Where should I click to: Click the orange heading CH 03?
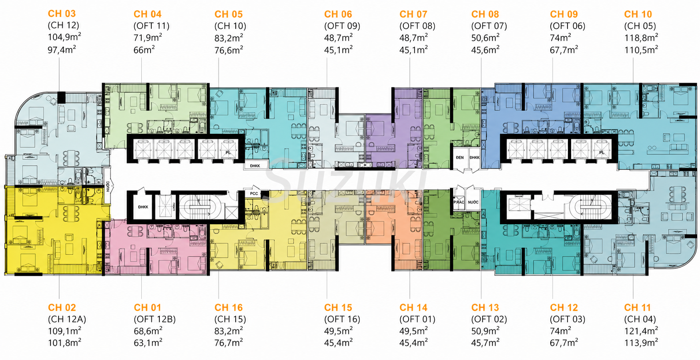click(x=62, y=14)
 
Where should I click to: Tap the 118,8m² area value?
click(x=641, y=38)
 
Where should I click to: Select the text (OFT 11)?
click(x=151, y=26)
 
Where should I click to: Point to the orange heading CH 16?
click(x=229, y=308)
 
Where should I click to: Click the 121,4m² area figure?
click(x=641, y=331)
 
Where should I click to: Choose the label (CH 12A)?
click(x=67, y=319)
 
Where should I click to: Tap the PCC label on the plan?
click(x=254, y=194)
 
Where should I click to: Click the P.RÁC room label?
click(x=459, y=202)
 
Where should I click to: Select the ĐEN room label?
click(x=460, y=158)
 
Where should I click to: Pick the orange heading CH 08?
click(x=485, y=14)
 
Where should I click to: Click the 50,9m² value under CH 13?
click(x=485, y=331)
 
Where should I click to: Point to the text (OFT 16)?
click(x=342, y=319)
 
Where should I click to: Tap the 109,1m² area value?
click(x=64, y=331)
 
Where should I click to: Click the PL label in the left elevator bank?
click(x=228, y=153)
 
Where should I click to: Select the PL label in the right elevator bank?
click(x=602, y=153)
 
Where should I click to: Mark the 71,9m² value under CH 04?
click(x=148, y=38)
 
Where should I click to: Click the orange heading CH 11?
click(x=638, y=308)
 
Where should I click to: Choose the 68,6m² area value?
click(x=148, y=331)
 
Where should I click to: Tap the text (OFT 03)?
click(x=568, y=319)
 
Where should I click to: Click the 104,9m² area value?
click(x=64, y=37)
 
